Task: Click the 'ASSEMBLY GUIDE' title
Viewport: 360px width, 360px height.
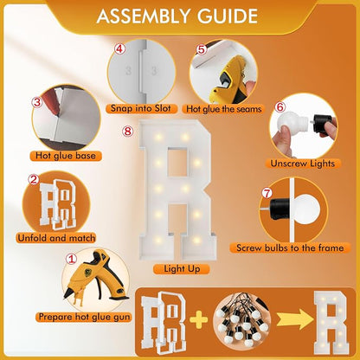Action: (177, 16)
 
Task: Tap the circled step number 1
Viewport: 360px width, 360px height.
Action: (71, 259)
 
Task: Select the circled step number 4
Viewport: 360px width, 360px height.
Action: (119, 48)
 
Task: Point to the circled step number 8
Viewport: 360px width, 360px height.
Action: (127, 132)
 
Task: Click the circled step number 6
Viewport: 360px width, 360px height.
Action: (280, 107)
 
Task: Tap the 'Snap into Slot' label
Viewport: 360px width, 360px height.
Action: (140, 109)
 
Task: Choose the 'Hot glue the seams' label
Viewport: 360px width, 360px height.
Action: (223, 109)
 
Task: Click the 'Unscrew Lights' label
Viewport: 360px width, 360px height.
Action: (303, 164)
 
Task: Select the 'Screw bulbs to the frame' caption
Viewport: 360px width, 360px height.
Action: (290, 248)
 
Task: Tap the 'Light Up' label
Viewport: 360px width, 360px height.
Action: (182, 269)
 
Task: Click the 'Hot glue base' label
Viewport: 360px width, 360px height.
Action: (66, 156)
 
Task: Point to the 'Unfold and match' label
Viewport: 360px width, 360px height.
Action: (56, 238)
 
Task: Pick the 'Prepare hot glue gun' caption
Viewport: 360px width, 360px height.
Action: (84, 317)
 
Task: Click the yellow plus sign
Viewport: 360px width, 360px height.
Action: (199, 319)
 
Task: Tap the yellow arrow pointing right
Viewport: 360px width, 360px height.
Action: (294, 319)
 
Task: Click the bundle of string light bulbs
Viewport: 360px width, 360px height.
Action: (242, 319)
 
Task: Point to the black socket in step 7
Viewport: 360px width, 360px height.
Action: (280, 209)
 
